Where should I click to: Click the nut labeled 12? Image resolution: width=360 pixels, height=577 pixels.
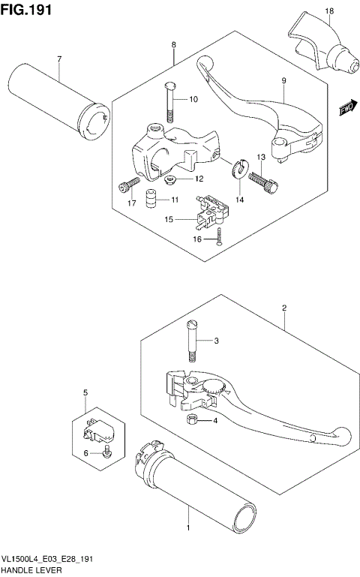(x=169, y=179)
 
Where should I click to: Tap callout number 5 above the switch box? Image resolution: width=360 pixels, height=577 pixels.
(x=85, y=392)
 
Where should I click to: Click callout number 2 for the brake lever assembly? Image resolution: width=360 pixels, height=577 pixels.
(x=285, y=308)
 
